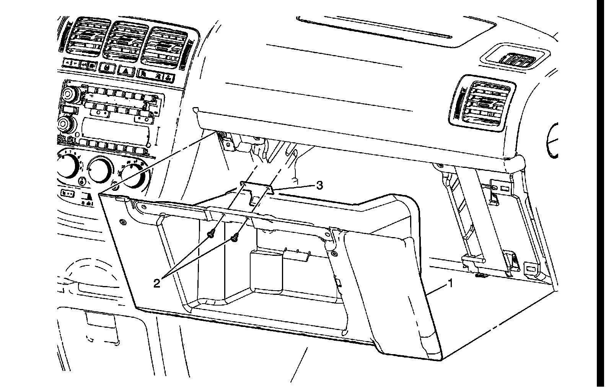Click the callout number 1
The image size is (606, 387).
pyautogui.click(x=451, y=283)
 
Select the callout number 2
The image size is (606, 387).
pyautogui.click(x=156, y=283)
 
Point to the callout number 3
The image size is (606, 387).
pyautogui.click(x=319, y=185)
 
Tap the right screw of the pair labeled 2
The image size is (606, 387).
pyautogui.click(x=234, y=238)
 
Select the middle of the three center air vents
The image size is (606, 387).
pyautogui.click(x=126, y=40)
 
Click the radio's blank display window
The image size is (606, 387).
pyautogui.click(x=115, y=128)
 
